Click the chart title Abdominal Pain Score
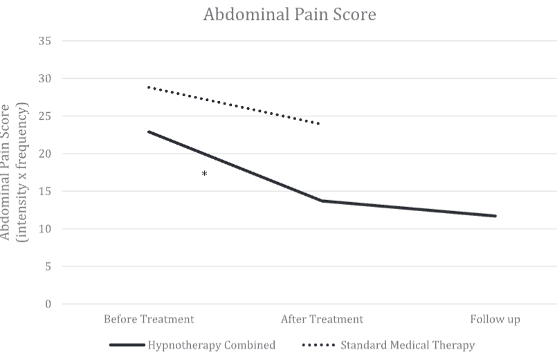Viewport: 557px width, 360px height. point(289,15)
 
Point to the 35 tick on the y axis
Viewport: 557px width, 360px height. point(45,41)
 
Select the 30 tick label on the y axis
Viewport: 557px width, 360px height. point(45,78)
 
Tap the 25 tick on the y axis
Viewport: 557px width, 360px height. point(45,116)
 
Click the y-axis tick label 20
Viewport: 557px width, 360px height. point(45,154)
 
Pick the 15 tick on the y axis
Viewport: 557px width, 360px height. point(45,192)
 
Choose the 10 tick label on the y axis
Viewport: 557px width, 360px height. point(45,229)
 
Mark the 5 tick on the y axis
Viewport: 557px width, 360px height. point(48,267)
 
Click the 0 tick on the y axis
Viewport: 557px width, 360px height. point(48,304)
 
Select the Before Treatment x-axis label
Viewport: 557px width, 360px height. point(149,319)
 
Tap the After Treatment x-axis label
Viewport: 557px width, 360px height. point(322,319)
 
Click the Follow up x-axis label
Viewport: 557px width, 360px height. point(495,319)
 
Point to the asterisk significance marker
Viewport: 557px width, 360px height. point(204,174)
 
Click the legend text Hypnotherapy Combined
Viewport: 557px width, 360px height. point(211,345)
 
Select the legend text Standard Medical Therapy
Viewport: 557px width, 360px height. point(408,345)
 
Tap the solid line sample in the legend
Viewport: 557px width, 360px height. point(127,345)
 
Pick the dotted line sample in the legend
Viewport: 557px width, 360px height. point(318,345)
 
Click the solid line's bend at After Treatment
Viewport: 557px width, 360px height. point(322,201)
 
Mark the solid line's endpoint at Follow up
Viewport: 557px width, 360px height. point(495,216)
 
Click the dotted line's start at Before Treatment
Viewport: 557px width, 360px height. point(149,87)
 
